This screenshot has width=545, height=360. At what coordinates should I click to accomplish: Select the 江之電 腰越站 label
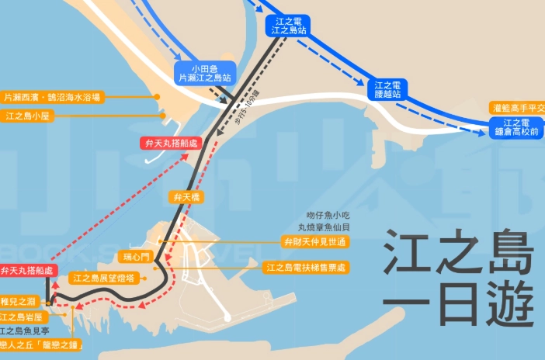(387, 89)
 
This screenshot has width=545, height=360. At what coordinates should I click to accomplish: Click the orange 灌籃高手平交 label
(518, 108)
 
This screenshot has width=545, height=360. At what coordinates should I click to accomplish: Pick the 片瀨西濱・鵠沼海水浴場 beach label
(52, 97)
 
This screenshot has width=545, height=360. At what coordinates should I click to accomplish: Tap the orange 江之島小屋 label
(28, 116)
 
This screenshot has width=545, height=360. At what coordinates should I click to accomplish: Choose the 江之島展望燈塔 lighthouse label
(104, 277)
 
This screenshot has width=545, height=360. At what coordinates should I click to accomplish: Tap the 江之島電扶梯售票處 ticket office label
(307, 268)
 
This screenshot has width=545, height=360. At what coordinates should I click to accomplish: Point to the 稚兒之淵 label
(16, 301)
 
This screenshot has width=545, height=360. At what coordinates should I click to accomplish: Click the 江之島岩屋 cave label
(23, 317)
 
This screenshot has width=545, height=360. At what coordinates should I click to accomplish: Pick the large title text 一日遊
(459, 305)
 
